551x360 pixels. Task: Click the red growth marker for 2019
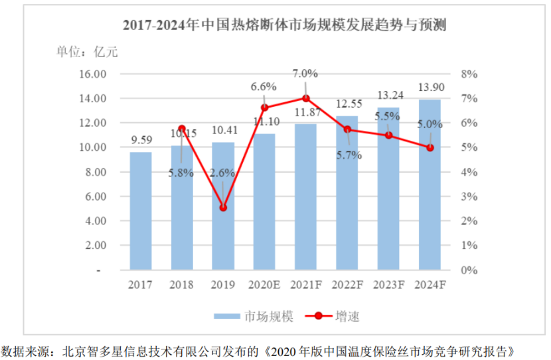223,208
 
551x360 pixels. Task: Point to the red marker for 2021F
306,98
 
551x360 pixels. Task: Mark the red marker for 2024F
430,147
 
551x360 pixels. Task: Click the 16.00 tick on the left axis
93,74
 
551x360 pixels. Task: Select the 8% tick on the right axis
469,74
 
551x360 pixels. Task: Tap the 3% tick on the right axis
469,197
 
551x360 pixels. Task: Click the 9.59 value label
141,140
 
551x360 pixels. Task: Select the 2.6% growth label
223,173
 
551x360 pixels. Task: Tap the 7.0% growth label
306,73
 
